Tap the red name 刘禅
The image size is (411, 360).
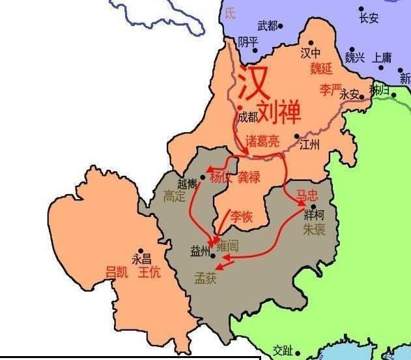click(279, 112)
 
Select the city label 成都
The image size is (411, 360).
click(248, 117)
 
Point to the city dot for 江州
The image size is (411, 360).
click(296, 137)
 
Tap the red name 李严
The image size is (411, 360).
click(330, 89)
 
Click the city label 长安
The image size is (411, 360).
click(369, 18)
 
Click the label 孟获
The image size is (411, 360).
click(205, 277)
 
